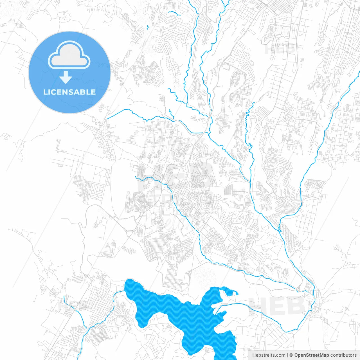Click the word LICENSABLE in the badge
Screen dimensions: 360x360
(x=69, y=92)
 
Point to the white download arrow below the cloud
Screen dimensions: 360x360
(x=66, y=78)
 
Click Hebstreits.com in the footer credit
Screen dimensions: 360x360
(x=269, y=355)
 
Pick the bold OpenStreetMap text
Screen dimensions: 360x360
(x=312, y=355)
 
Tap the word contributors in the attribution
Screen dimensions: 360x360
(x=343, y=355)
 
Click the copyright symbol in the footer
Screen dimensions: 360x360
(x=291, y=355)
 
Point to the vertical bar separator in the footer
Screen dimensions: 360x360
(x=287, y=355)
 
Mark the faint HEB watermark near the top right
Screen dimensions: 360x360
(x=280, y=48)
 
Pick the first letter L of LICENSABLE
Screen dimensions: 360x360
(x=45, y=92)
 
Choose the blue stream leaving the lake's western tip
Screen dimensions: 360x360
(x=118, y=292)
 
